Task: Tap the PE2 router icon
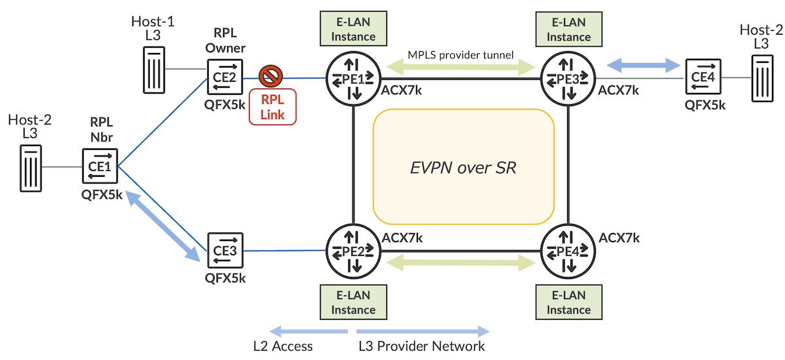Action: point(353,250)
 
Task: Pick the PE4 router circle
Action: point(567,250)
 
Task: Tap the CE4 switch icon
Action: point(703,77)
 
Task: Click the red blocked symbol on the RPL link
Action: point(270,76)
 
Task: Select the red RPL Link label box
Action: point(272,107)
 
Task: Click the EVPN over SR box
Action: point(463,167)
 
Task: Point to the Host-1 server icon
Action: point(156,69)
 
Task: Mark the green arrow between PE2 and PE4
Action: point(461,263)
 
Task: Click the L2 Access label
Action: point(283,346)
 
